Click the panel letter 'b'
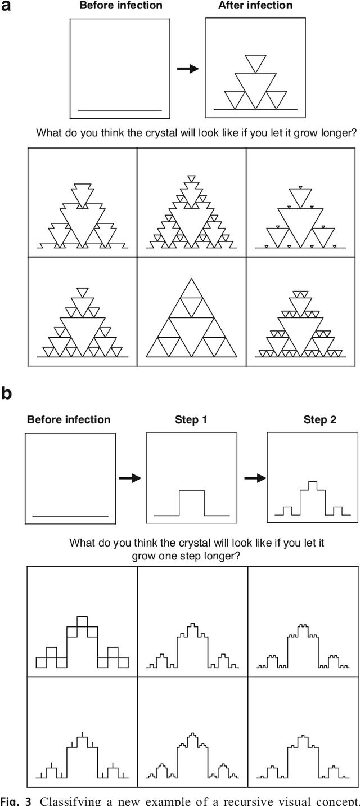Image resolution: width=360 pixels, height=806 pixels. pos(6,392)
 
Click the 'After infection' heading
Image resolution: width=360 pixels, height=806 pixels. pos(255,6)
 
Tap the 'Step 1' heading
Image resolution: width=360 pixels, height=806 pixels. pos(191,420)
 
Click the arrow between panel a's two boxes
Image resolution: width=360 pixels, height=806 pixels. pos(188,69)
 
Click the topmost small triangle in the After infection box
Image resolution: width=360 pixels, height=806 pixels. pos(255,63)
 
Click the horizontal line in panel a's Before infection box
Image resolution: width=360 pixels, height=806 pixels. pos(120,110)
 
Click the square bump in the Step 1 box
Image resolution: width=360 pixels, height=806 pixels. pos(191,502)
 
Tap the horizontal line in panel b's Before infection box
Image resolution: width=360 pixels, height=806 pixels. pos(70,516)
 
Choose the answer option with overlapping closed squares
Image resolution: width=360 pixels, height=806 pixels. pos(82,643)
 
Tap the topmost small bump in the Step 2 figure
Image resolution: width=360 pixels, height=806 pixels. pos(313,485)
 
